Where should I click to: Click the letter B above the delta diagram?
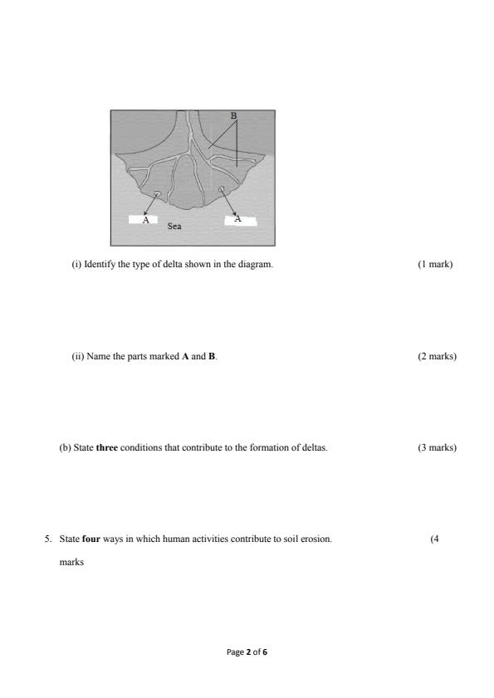pos(233,115)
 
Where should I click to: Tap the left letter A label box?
pos(146,220)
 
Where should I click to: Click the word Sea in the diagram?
pos(174,225)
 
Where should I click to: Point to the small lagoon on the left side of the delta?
pos(158,193)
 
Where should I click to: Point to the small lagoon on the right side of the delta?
pos(221,190)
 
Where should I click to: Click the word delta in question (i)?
pos(186,265)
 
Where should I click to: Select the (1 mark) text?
pos(436,265)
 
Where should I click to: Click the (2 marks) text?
pos(438,357)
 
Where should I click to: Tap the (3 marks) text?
pos(438,448)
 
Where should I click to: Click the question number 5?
pos(47,539)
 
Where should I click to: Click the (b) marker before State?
pos(65,448)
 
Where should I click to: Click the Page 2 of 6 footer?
pos(247,652)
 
